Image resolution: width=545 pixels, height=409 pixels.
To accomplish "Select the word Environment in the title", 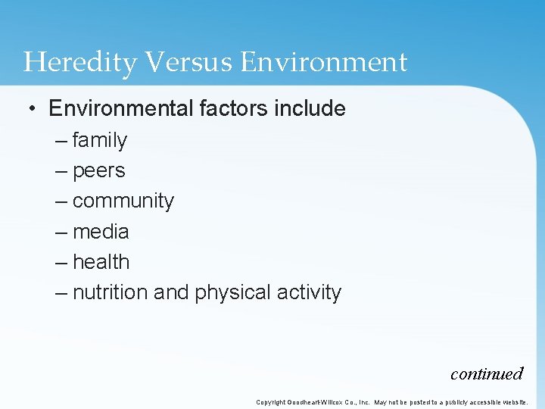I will [324, 62].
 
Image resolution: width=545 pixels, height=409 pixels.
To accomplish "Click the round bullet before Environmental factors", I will [33, 109].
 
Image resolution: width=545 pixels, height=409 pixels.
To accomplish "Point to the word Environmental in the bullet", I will [121, 109].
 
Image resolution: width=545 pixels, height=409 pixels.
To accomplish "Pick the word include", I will [310, 109].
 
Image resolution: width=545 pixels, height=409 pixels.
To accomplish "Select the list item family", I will [100, 140].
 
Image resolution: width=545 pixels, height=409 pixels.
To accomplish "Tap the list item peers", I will [99, 171].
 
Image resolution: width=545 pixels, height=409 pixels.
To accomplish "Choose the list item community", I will [123, 201].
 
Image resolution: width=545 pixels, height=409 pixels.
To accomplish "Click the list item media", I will [101, 232].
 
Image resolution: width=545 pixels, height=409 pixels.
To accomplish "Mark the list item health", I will [101, 262].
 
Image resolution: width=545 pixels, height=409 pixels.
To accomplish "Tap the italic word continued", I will [487, 373].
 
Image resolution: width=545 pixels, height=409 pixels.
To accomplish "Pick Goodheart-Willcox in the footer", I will [317, 402].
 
